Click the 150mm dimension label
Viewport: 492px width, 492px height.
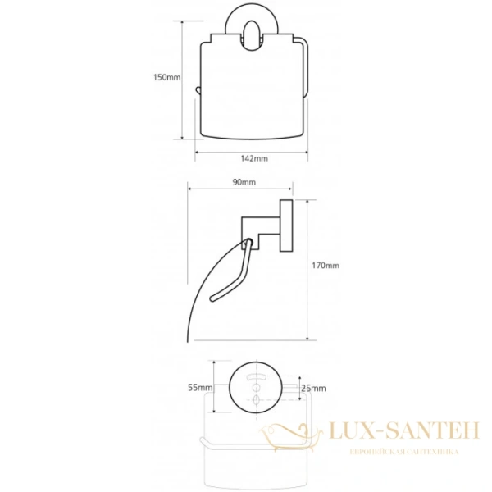coord(167,77)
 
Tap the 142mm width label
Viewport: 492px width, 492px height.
coord(254,158)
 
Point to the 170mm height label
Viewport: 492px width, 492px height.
coord(326,266)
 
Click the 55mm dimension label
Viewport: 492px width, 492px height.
coord(200,388)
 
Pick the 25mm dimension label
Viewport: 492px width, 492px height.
coord(313,389)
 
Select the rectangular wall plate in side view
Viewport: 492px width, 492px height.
coord(286,225)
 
